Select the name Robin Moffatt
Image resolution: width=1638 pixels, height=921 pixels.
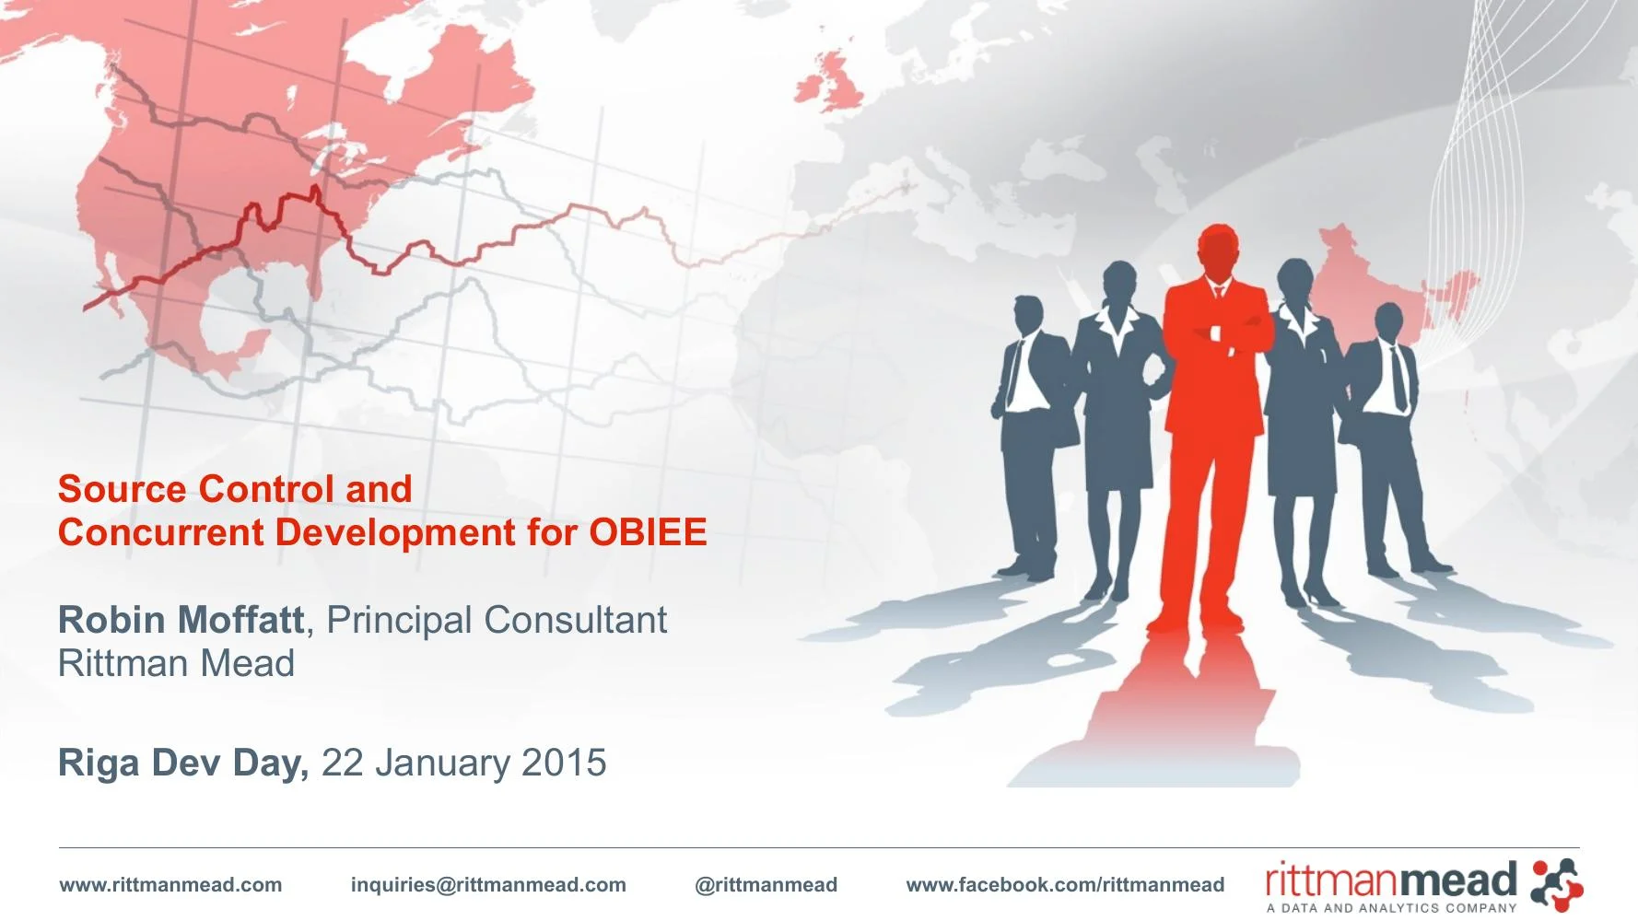pyautogui.click(x=181, y=620)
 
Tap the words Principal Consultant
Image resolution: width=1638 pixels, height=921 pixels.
pyautogui.click(x=497, y=620)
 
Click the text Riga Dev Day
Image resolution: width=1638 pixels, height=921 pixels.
pyautogui.click(x=182, y=763)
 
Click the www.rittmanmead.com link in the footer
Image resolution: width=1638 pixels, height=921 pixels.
pyautogui.click(x=170, y=885)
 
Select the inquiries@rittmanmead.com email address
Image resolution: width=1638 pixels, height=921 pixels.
pyautogui.click(x=488, y=885)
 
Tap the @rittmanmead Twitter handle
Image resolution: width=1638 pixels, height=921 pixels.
pyautogui.click(x=766, y=885)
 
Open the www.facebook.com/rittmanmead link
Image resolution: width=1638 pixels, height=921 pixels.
pyautogui.click(x=1065, y=885)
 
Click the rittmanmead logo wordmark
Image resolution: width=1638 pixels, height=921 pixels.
pyautogui.click(x=1391, y=881)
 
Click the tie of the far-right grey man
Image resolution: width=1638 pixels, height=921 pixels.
pyautogui.click(x=1398, y=378)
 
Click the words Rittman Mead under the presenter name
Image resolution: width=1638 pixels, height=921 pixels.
pyautogui.click(x=176, y=663)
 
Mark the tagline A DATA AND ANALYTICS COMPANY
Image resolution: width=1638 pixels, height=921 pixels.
pyautogui.click(x=1391, y=908)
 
